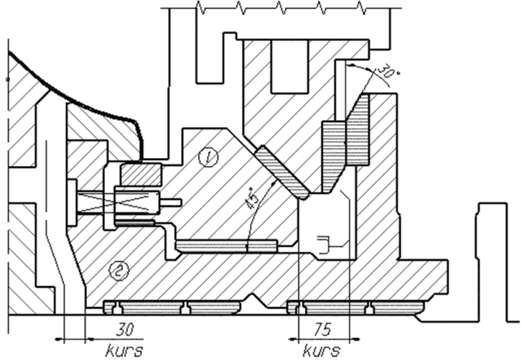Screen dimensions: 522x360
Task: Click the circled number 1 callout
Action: (x=208, y=157)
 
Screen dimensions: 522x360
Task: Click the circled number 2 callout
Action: (x=119, y=270)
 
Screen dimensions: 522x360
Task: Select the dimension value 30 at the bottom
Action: (x=125, y=330)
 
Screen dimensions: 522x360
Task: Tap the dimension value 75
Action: (x=322, y=330)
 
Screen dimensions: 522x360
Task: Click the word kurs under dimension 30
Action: (x=125, y=351)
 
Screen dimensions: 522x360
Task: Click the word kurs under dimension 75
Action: (x=322, y=351)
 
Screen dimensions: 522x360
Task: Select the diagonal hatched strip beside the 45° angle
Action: (x=282, y=172)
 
